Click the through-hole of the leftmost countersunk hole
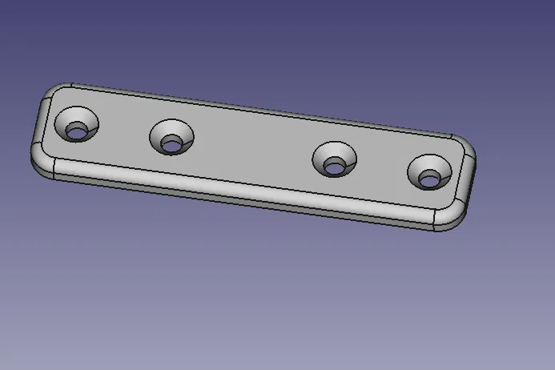pyautogui.click(x=76, y=131)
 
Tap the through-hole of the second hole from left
pyautogui.click(x=171, y=145)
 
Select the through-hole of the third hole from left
pyautogui.click(x=334, y=167)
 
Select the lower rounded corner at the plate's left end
pyautogui.click(x=41, y=160)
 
